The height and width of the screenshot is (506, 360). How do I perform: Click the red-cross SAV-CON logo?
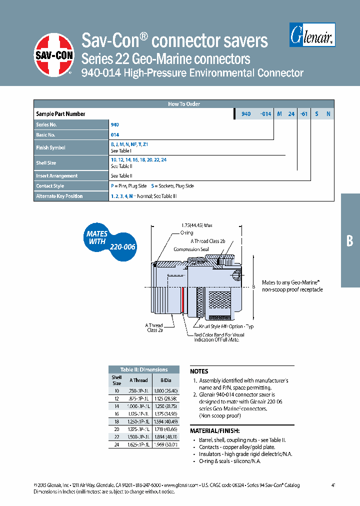click(54, 55)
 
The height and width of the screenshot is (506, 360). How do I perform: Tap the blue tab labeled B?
click(350, 240)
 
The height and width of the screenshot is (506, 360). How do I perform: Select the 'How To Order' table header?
click(183, 104)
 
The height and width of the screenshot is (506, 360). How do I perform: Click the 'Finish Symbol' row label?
click(51, 147)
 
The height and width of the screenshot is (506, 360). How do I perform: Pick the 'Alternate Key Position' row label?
click(59, 196)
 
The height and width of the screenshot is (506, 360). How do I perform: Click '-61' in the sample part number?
click(303, 114)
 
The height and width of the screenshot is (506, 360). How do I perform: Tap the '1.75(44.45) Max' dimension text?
click(197, 224)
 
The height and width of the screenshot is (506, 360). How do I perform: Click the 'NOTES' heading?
click(199, 371)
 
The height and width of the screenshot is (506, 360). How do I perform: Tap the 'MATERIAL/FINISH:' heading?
click(214, 431)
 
